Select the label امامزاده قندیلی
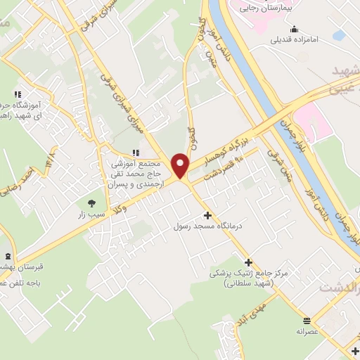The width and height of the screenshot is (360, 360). (x=295, y=39)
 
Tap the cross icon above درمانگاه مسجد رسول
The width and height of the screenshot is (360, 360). (x=207, y=215)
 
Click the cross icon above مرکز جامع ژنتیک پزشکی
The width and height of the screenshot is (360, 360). (x=248, y=262)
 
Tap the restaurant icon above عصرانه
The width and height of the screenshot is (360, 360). (x=306, y=319)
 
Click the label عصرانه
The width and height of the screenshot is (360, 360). (x=307, y=330)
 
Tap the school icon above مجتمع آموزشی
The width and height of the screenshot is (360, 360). (x=136, y=153)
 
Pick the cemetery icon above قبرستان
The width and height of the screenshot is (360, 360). (x=8, y=256)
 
